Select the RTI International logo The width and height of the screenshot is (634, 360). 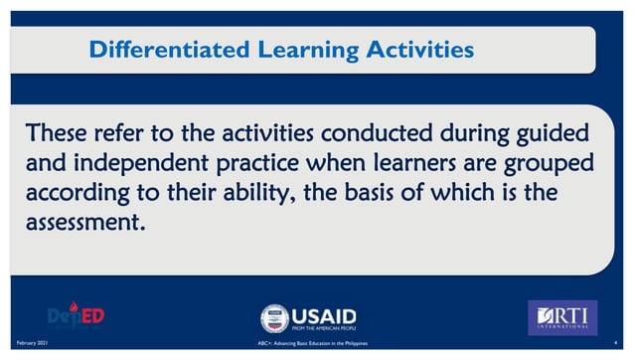(561, 317)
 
